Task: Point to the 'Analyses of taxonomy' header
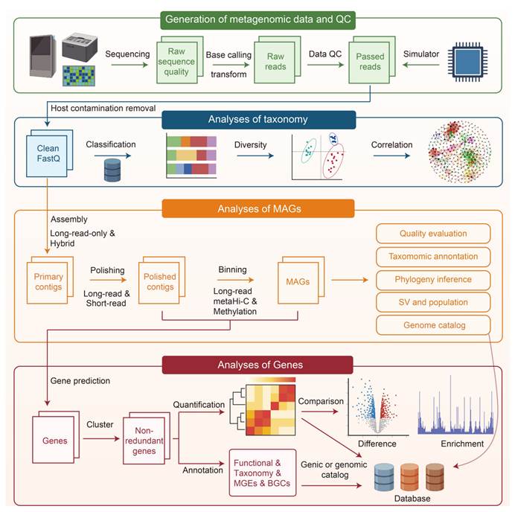point(257,121)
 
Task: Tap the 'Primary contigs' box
point(48,281)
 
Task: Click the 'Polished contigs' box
point(159,281)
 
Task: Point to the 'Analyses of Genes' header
point(257,364)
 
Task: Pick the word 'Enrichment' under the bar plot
point(461,444)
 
